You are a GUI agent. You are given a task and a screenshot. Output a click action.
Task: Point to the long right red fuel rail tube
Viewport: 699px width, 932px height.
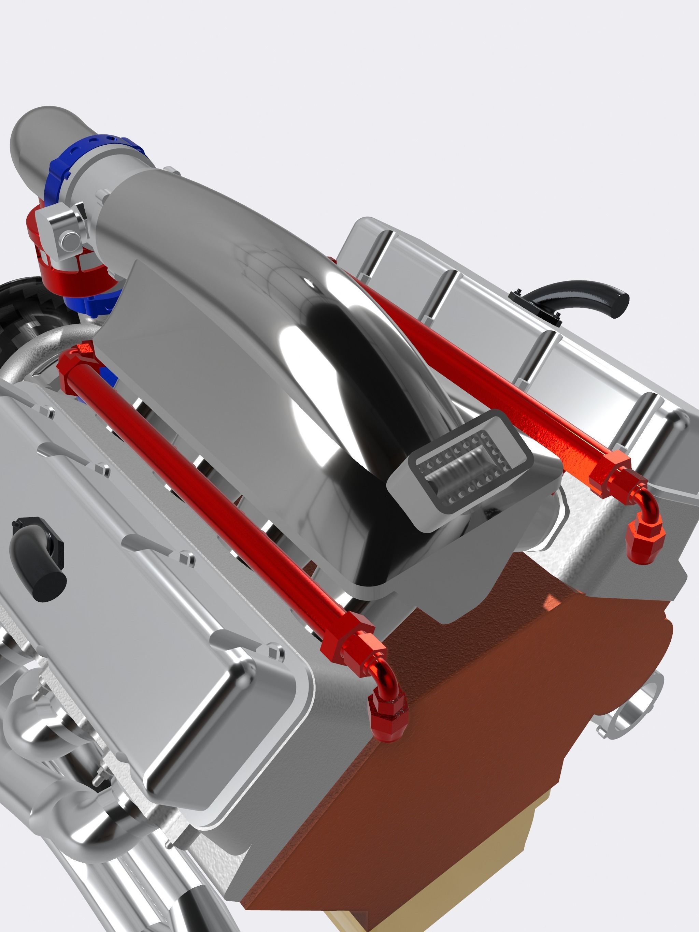(485, 379)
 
